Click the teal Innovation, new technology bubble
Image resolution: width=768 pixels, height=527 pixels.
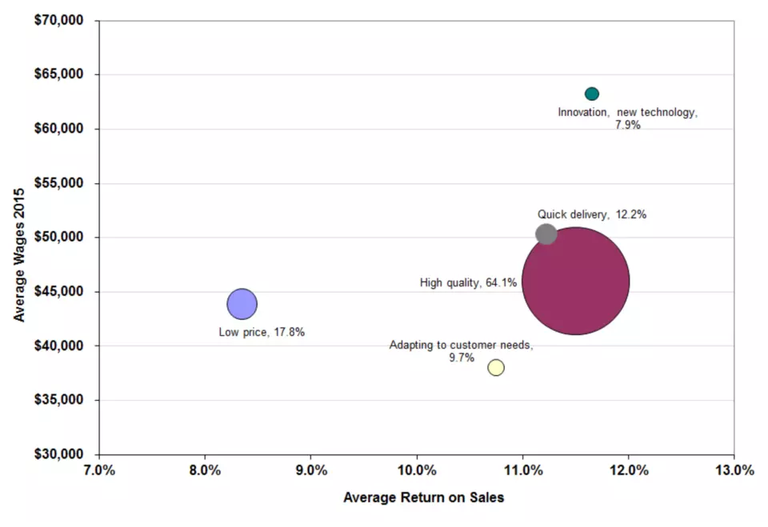coord(592,94)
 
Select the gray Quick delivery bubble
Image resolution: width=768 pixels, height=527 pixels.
coord(546,234)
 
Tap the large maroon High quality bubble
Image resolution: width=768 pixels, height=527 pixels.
coord(575,281)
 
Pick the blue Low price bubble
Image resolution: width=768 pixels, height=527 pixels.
coord(242,304)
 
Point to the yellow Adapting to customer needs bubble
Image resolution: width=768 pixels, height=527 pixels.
coord(496,367)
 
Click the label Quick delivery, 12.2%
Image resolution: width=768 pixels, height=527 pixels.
coord(592,214)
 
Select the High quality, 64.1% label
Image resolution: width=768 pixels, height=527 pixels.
coord(468,282)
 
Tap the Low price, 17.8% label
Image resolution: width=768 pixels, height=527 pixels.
coord(262,332)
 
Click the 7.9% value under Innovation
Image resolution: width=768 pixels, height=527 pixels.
coord(628,125)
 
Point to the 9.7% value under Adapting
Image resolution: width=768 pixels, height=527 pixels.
coord(462,357)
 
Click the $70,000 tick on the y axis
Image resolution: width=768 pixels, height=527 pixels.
coord(58,20)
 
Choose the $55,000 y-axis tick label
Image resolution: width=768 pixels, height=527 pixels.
coord(58,183)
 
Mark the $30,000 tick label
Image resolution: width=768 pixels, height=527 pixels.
coord(58,454)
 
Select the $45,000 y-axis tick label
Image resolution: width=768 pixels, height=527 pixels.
coord(58,291)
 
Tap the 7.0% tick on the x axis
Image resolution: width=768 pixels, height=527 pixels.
coord(99,471)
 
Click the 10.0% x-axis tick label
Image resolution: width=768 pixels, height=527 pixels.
coord(417,471)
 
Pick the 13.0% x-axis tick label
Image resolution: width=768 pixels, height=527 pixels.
coord(734,471)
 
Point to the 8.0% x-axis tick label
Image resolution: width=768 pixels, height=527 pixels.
coord(206,471)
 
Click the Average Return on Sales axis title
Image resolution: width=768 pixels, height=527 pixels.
coord(424,497)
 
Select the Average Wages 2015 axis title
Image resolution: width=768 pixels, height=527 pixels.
coord(19,254)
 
